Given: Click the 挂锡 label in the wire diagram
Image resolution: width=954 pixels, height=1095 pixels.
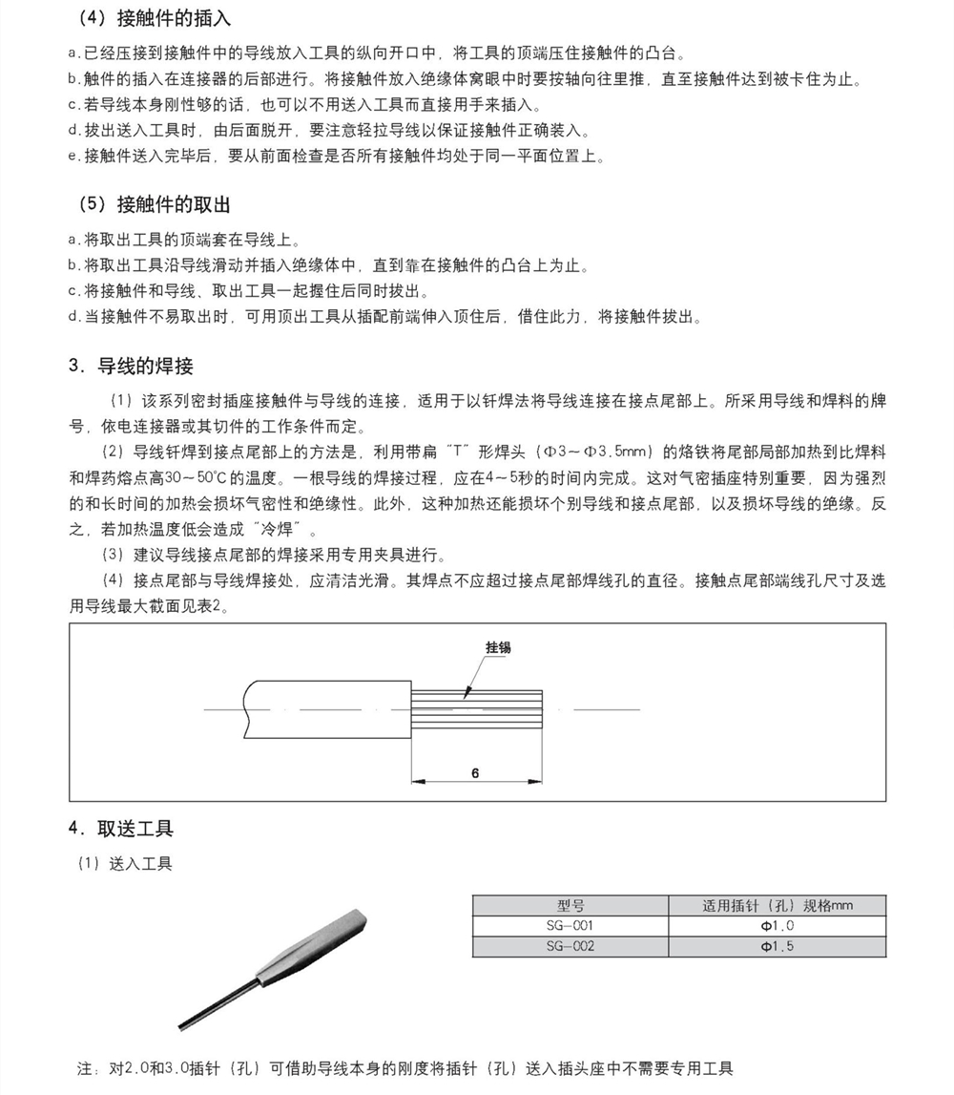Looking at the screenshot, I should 498,647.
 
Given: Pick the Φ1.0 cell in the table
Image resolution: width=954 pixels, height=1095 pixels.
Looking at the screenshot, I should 777,926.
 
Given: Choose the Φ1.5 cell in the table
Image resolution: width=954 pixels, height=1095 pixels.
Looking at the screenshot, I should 777,947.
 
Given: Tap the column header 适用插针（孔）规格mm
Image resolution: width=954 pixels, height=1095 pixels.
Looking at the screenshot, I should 777,905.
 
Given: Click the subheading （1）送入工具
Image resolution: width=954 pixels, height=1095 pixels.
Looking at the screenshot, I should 125,863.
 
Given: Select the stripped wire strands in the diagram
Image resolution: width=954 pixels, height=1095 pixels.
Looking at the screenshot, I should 477,708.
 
